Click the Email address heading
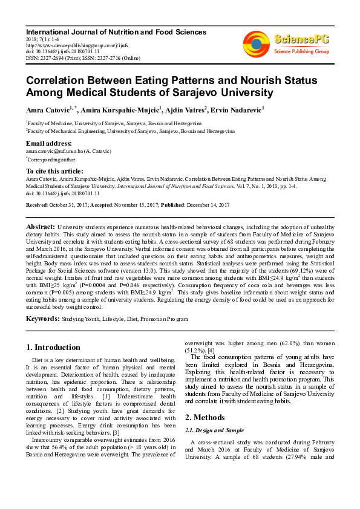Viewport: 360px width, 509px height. coord(50,143)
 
